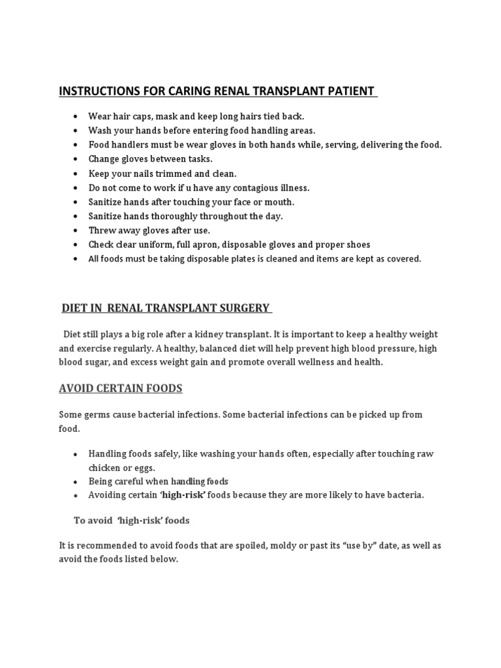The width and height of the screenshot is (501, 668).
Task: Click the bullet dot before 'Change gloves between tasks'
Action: point(76,159)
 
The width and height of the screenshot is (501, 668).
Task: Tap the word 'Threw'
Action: point(102,230)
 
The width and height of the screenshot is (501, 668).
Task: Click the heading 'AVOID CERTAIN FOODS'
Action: point(121,389)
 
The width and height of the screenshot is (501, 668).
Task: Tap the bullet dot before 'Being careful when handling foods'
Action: point(76,481)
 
